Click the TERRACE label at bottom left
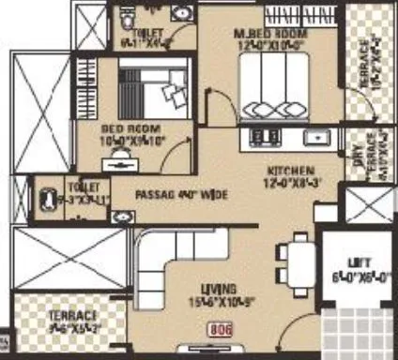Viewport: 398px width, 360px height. point(46,317)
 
